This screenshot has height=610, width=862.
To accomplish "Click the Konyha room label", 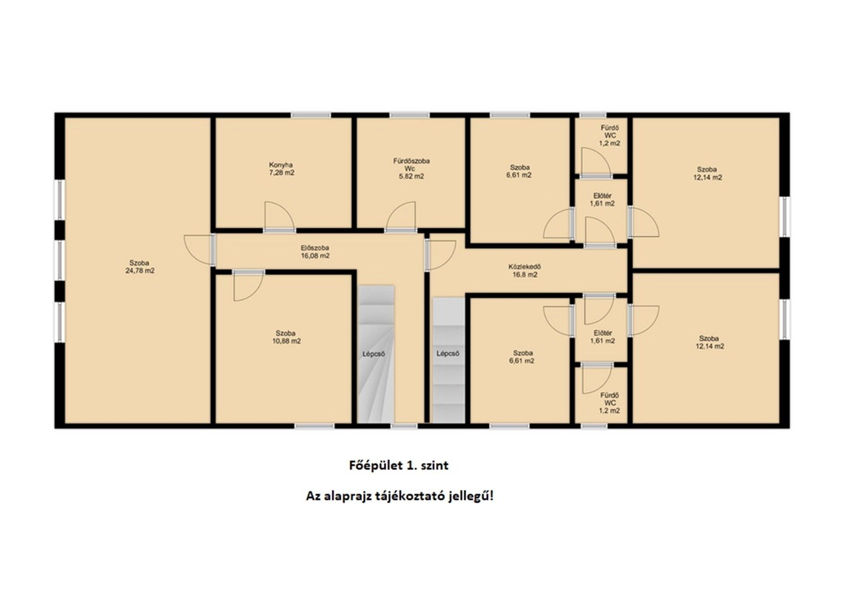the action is [281, 165].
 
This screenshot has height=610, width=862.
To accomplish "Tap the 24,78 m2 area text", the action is [140, 271].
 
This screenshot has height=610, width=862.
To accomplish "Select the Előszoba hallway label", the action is [315, 248].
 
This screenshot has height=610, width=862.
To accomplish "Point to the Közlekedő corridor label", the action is [524, 267].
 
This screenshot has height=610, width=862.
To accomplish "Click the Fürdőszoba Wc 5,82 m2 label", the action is [411, 168].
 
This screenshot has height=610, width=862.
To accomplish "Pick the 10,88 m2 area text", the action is [286, 341].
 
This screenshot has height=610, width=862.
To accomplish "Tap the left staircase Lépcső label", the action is [374, 354].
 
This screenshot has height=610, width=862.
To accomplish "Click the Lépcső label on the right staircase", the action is [448, 354].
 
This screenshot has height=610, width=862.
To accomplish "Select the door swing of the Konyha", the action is [279, 217].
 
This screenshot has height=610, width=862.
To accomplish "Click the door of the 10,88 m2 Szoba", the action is [248, 286].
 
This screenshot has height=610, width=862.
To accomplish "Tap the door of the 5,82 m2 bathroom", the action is [401, 217].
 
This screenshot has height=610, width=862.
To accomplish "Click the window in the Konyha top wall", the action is [311, 115].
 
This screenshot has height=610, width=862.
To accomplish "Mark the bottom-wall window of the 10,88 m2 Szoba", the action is [314, 425].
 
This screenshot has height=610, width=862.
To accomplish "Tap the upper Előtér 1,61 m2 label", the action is [602, 199].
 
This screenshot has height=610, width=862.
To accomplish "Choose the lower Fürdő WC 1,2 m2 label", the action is [609, 403].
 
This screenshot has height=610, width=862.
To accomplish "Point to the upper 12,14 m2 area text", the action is [708, 177].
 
